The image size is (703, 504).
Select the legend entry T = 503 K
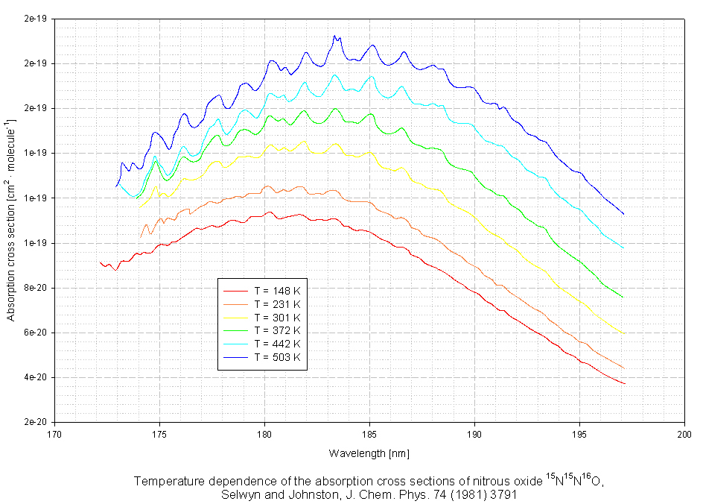[276, 357]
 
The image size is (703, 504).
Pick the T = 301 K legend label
[276, 317]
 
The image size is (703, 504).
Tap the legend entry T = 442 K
[276, 344]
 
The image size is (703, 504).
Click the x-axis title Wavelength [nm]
[369, 453]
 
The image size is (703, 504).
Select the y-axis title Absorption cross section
[11, 220]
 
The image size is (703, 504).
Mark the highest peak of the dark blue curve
[335, 36]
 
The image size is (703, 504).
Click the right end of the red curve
[624, 384]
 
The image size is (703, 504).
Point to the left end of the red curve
[100, 262]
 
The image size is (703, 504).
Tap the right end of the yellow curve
[624, 333]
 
